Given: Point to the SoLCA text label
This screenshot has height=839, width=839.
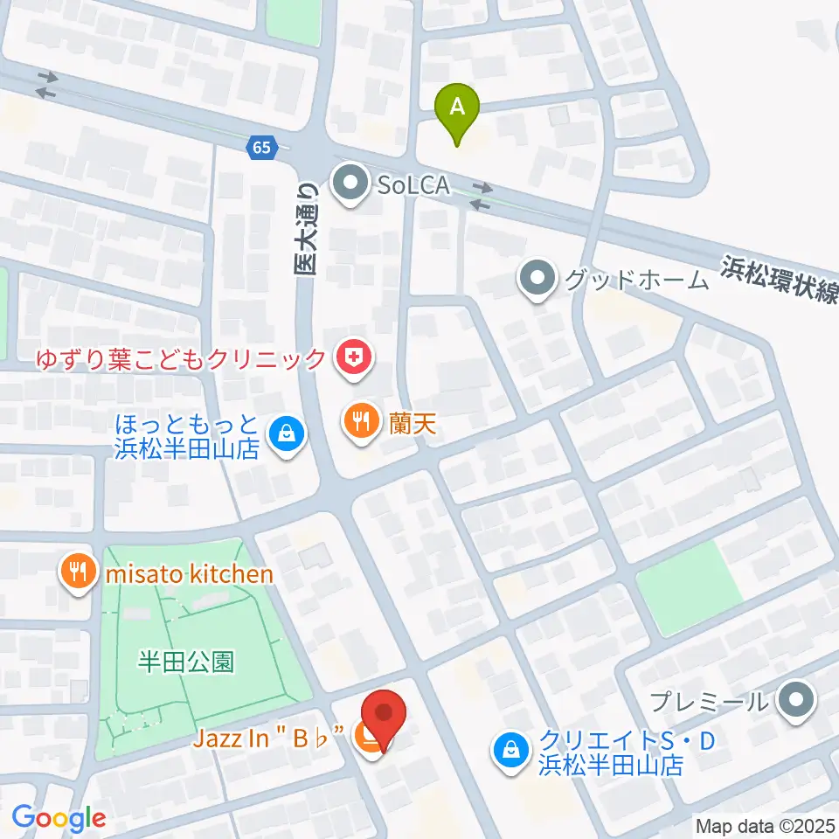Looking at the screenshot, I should [x=414, y=185].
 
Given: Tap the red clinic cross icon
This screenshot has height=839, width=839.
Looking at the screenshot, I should [x=353, y=357].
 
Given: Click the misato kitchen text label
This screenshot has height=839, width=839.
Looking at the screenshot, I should [x=190, y=574].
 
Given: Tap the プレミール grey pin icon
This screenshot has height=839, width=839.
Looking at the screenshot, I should [x=795, y=700].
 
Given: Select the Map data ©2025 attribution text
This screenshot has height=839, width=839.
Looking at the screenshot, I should [x=765, y=825].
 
